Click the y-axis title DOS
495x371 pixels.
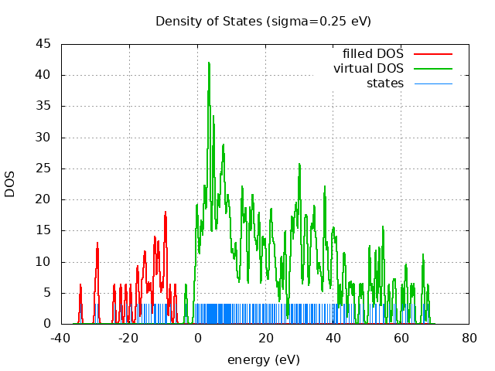coord(10,185)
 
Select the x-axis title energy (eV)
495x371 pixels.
coord(263,359)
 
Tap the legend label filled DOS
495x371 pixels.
coord(373,54)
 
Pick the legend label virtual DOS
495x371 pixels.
coord(368,69)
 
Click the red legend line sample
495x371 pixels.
coord(433,54)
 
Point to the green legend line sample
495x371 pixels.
coord(433,69)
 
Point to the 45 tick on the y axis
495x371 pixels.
coord(44,44)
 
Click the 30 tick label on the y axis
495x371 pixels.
coord(44,138)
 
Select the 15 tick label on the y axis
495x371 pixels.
coord(44,230)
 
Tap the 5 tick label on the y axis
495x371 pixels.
coord(47,293)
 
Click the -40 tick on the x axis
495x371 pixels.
coord(61,338)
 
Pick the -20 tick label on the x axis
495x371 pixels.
coord(129,338)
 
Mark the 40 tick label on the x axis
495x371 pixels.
coord(333,338)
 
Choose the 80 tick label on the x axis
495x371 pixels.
coord(469,338)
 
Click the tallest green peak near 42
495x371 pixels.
coord(209,63)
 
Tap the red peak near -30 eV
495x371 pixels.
coord(97,243)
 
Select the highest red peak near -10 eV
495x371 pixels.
coord(166,212)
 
